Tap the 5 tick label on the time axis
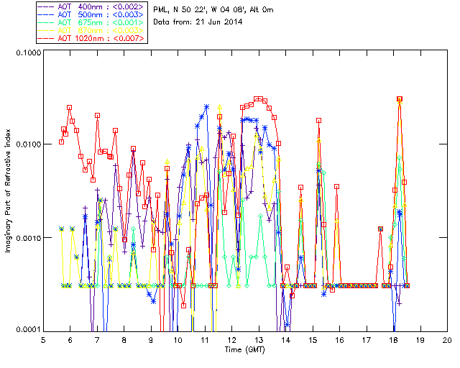tap(44, 339)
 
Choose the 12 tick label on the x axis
tap(232, 339)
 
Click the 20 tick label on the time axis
tap(447, 339)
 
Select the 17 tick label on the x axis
tap(367, 339)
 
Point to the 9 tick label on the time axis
tap(152, 339)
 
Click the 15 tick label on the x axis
tap(313, 339)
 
